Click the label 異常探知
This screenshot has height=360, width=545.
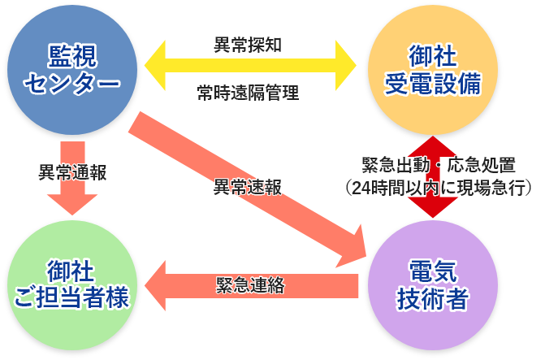tap(248, 44)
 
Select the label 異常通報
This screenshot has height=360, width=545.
tap(72, 172)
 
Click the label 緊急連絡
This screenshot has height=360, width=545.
tap(249, 285)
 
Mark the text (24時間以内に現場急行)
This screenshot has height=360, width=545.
tap(439, 188)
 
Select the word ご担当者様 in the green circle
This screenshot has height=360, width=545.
tap(72, 299)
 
